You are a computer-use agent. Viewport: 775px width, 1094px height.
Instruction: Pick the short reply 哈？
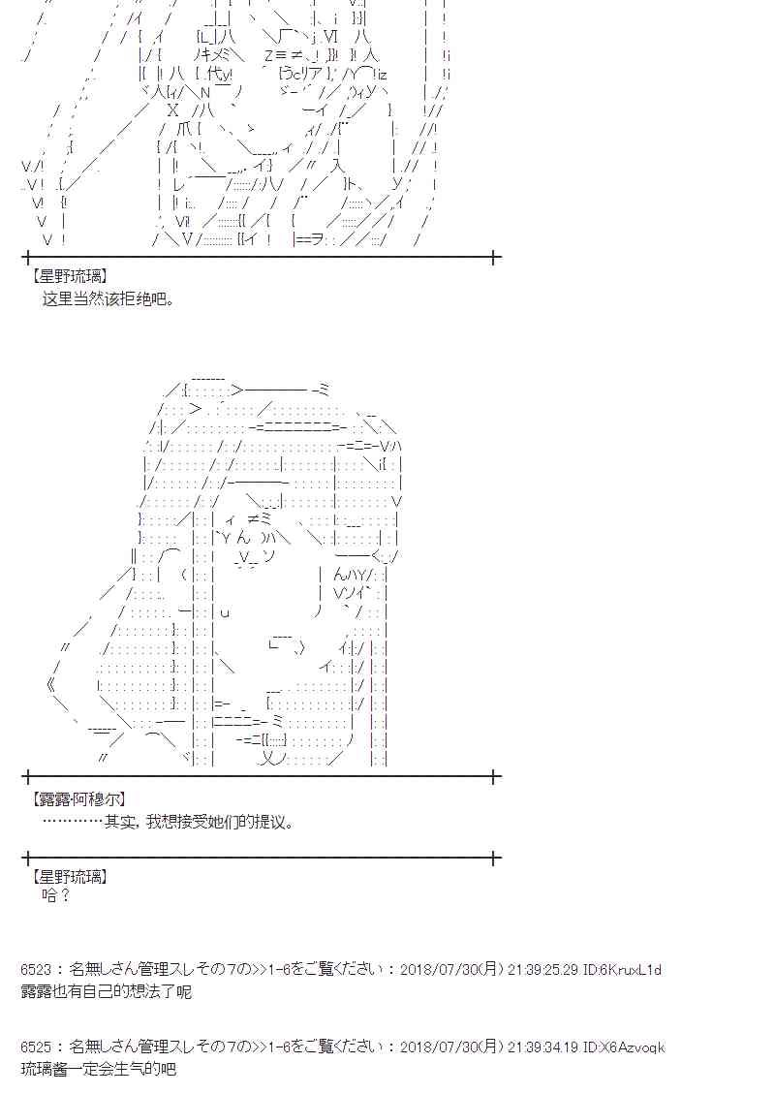(x=57, y=895)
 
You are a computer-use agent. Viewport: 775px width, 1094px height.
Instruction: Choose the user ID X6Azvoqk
(x=630, y=1047)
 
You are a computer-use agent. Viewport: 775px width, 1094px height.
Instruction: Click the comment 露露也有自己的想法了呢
(x=106, y=991)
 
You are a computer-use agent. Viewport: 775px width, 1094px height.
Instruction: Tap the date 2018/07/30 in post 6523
(x=440, y=969)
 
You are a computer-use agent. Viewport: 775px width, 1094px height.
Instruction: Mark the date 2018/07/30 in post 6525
(x=440, y=1047)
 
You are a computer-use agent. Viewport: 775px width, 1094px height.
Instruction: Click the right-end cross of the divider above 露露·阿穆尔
(x=495, y=776)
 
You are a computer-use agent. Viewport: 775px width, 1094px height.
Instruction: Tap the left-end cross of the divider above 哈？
(x=27, y=858)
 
